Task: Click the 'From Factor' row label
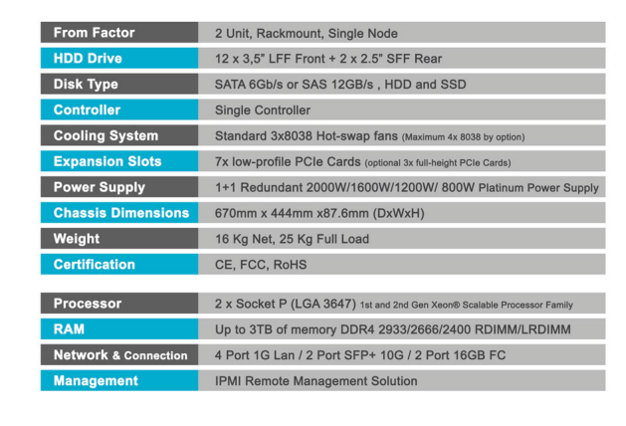[x=95, y=33]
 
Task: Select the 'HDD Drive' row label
[x=88, y=59]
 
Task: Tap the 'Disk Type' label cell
[x=86, y=85]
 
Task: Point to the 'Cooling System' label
[x=105, y=135]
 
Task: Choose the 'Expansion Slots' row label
[x=107, y=161]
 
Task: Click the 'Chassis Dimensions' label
[x=121, y=213]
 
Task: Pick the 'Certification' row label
[x=95, y=265]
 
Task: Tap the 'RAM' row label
[x=69, y=329]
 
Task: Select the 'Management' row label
[x=96, y=381]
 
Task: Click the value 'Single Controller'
[x=263, y=110]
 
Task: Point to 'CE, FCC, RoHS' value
[x=261, y=265]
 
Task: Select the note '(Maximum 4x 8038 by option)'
[x=463, y=137]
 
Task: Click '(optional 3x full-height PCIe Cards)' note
[x=438, y=163]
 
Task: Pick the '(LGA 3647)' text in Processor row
[x=323, y=304]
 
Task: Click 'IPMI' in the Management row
[x=228, y=381]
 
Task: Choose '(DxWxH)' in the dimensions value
[x=398, y=214]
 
